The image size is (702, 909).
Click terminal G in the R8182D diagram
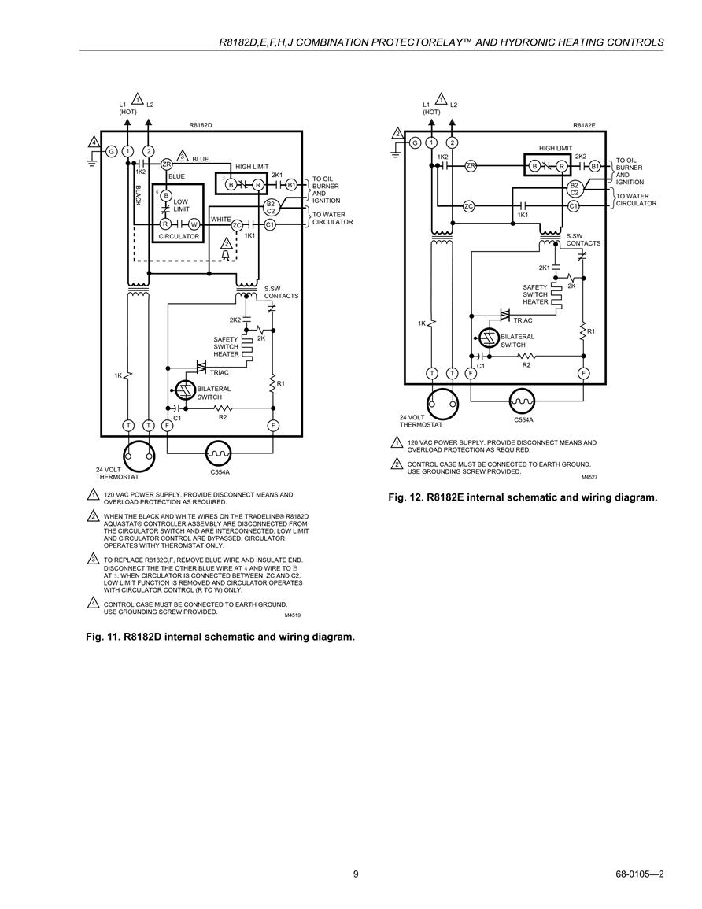111,152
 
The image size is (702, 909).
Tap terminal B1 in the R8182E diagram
595,166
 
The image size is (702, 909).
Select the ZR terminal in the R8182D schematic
167,164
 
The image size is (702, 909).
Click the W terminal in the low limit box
194,224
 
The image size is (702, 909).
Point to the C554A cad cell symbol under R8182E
523,401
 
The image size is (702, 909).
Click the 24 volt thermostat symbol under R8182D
139,455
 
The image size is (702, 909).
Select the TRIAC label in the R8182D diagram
219,373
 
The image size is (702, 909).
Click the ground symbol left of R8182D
91,159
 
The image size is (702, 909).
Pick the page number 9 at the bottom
356,874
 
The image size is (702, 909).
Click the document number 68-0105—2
639,874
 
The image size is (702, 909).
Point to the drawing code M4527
589,477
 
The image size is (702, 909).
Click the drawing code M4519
293,615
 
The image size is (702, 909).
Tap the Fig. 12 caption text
523,497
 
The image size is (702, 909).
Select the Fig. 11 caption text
220,637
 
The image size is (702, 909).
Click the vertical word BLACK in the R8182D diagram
138,195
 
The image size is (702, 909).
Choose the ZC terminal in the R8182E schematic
469,205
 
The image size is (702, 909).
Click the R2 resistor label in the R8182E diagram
526,365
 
